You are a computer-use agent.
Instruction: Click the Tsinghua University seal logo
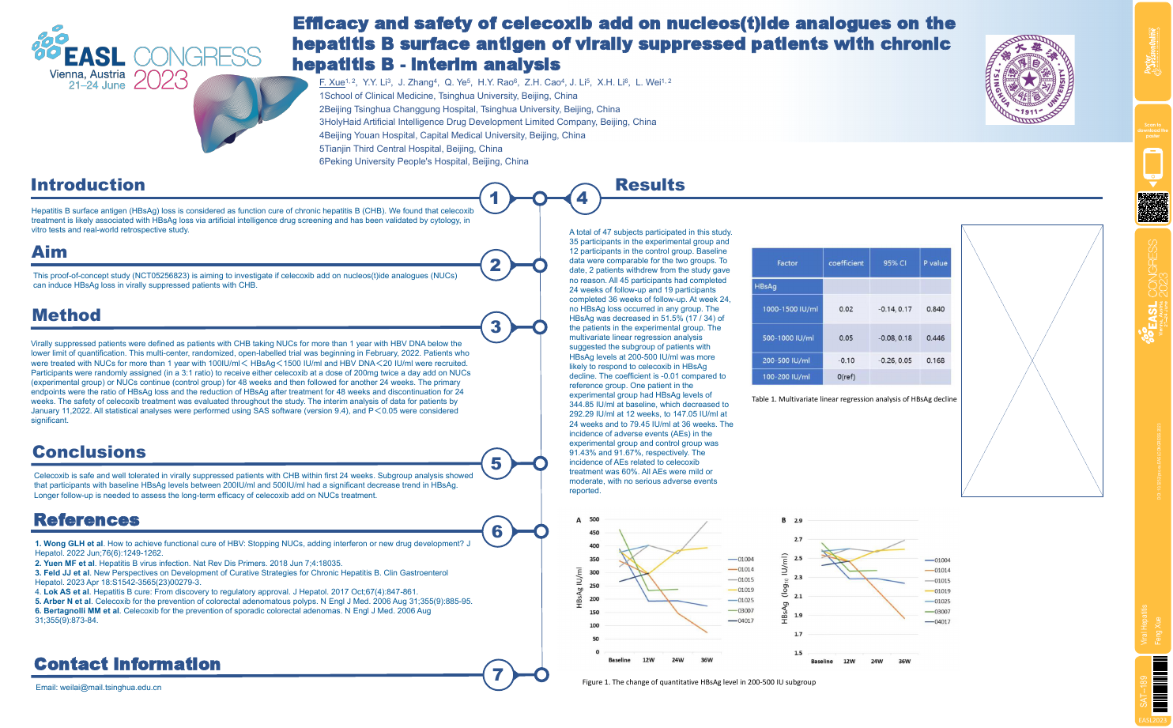click(x=1029, y=80)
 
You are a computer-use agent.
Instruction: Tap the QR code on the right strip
click(x=1153, y=207)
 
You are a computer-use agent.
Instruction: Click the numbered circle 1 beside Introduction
click(x=495, y=198)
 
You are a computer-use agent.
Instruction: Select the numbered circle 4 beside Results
click(x=583, y=198)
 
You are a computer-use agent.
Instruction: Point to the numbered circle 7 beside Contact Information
click(x=497, y=674)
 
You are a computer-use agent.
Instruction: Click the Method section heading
click(x=66, y=315)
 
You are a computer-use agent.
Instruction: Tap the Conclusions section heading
click(x=89, y=452)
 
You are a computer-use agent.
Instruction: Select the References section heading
click(x=87, y=520)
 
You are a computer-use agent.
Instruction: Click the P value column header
click(x=935, y=263)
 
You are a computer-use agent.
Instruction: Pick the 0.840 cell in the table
click(x=935, y=309)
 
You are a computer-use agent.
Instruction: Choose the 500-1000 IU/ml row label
click(x=788, y=338)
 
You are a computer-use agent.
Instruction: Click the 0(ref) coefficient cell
click(x=846, y=377)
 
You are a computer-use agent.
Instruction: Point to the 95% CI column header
click(x=896, y=263)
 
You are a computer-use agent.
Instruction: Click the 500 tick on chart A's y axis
click(x=594, y=519)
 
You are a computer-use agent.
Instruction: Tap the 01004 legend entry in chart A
click(x=745, y=559)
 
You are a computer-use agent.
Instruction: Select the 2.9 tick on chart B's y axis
click(x=798, y=520)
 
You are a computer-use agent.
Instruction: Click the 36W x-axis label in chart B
click(x=904, y=662)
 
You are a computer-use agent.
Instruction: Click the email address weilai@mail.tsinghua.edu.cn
click(x=98, y=688)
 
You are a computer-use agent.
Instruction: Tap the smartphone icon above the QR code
click(x=1152, y=164)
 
